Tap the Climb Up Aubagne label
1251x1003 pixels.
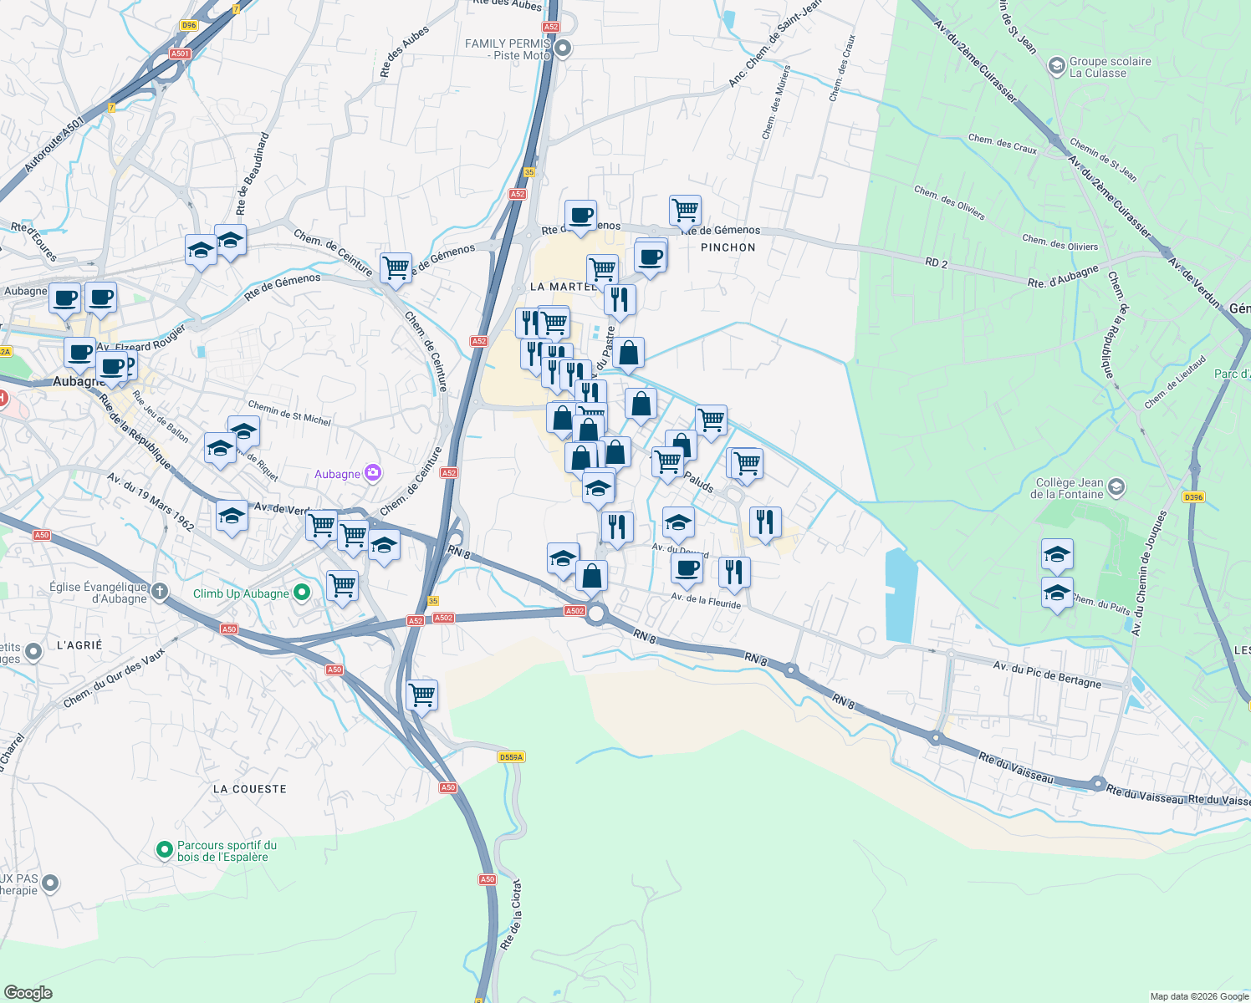(241, 593)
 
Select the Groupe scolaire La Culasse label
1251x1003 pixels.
(1110, 67)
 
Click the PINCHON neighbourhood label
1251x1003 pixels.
(728, 247)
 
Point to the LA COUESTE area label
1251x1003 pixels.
(249, 789)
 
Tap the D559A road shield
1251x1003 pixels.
(510, 757)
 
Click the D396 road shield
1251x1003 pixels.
(1193, 497)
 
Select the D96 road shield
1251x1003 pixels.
(188, 25)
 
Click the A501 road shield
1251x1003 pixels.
(180, 53)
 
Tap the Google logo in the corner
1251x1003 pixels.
(28, 992)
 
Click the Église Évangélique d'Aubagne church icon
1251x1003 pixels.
(159, 593)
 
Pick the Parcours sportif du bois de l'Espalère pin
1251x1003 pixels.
(165, 851)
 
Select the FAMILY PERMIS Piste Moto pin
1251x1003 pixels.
(564, 48)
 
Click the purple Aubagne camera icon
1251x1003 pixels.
(373, 474)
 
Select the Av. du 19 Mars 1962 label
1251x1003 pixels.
(151, 501)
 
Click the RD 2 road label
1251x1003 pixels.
(937, 262)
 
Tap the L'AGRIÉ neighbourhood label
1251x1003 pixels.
(79, 645)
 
